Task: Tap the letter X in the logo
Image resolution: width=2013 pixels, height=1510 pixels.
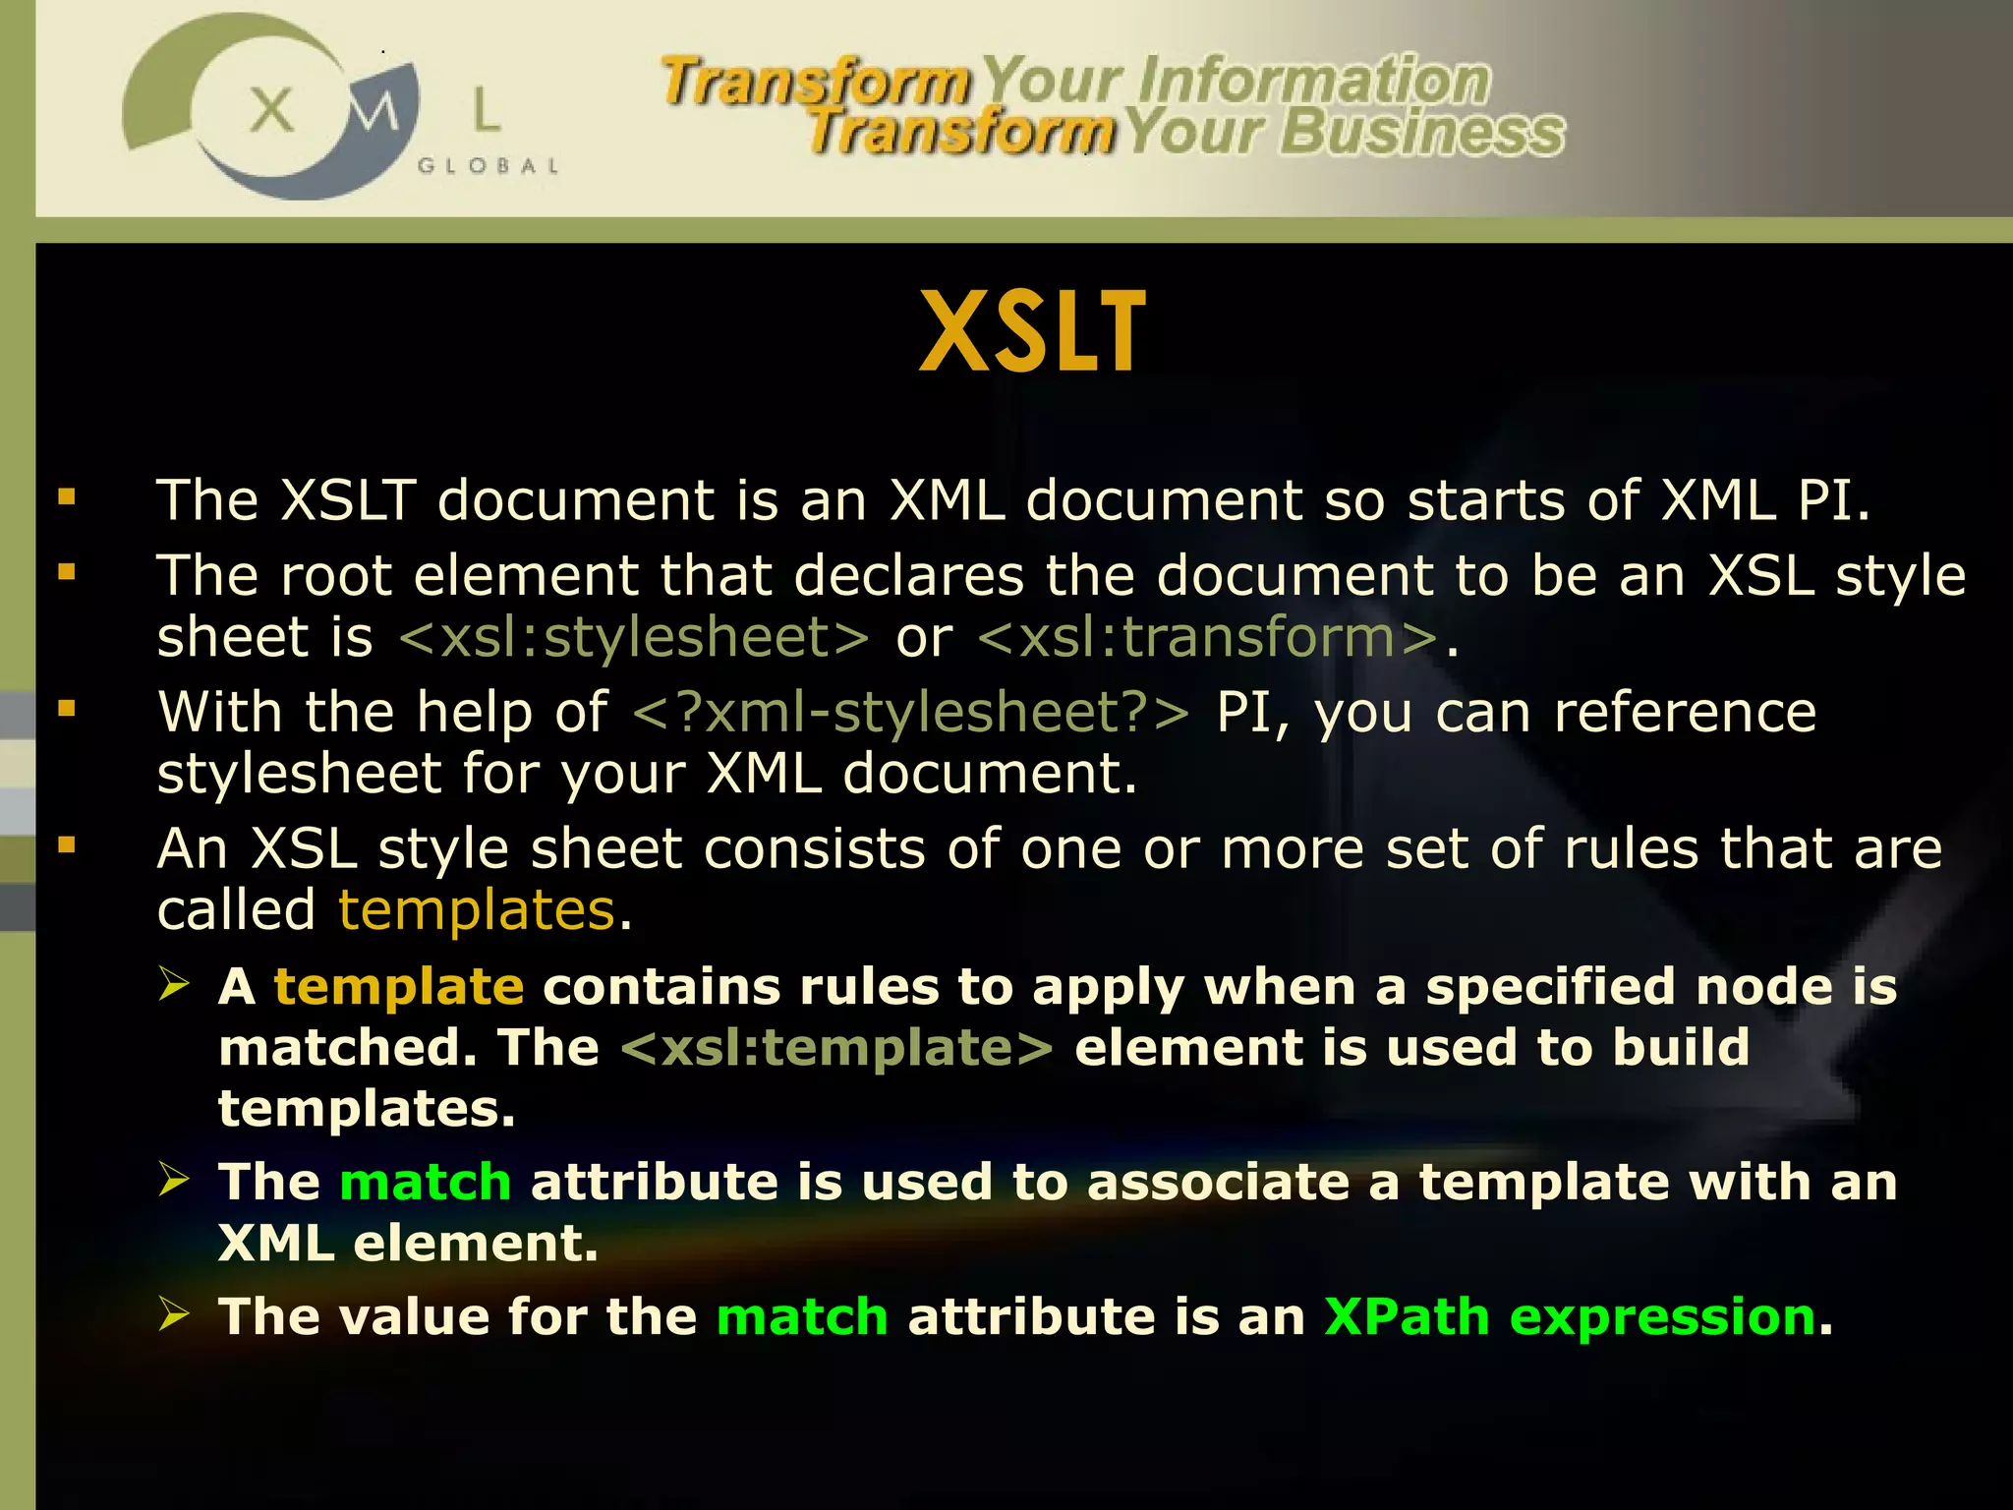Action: pyautogui.click(x=271, y=109)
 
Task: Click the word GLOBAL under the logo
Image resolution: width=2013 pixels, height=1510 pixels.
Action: pyautogui.click(x=489, y=166)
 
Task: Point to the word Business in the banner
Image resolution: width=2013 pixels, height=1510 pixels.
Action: pyautogui.click(x=1421, y=133)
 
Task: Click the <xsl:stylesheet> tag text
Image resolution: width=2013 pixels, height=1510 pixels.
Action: pyautogui.click(x=634, y=638)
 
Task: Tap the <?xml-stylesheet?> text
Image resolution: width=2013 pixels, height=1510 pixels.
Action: pyautogui.click(x=910, y=712)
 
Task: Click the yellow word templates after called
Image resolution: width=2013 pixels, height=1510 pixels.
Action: pyautogui.click(x=477, y=910)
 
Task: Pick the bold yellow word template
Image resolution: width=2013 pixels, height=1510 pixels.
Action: pyautogui.click(x=399, y=986)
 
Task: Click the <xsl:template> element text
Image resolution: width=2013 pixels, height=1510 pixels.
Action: pyautogui.click(x=836, y=1048)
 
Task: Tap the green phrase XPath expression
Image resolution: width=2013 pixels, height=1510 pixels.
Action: pyautogui.click(x=1569, y=1317)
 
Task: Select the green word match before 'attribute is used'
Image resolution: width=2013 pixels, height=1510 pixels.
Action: pyautogui.click(x=425, y=1182)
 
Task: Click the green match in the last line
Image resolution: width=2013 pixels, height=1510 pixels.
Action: pyautogui.click(x=802, y=1317)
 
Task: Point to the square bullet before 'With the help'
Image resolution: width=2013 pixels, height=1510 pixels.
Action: pyautogui.click(x=67, y=708)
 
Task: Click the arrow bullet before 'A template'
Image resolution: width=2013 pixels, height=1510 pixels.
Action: pyautogui.click(x=174, y=984)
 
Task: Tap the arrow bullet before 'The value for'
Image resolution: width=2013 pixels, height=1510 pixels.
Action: pyautogui.click(x=174, y=1314)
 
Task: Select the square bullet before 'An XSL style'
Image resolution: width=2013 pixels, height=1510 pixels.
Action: pyautogui.click(x=67, y=844)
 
